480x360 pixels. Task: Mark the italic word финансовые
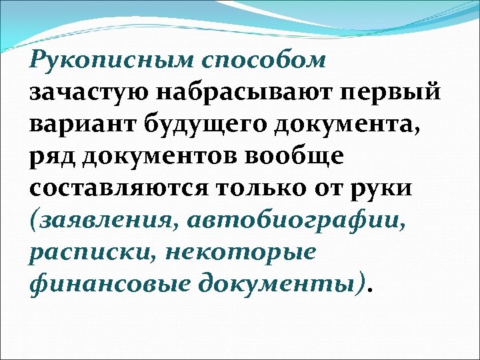coord(104,285)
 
